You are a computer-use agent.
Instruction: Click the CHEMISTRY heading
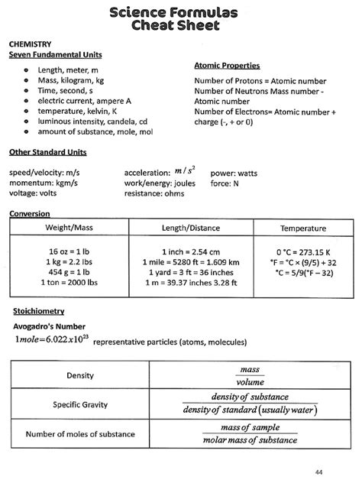pyautogui.click(x=30, y=45)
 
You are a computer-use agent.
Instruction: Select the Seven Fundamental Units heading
pyautogui.click(x=55, y=56)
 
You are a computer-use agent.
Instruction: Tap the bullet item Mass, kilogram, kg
pyautogui.click(x=71, y=80)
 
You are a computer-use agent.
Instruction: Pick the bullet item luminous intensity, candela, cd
pyautogui.click(x=92, y=121)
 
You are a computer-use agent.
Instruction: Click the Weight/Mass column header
pyautogui.click(x=69, y=229)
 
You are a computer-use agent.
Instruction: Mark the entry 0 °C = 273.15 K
pyautogui.click(x=302, y=251)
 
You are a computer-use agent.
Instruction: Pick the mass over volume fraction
pyautogui.click(x=250, y=375)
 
